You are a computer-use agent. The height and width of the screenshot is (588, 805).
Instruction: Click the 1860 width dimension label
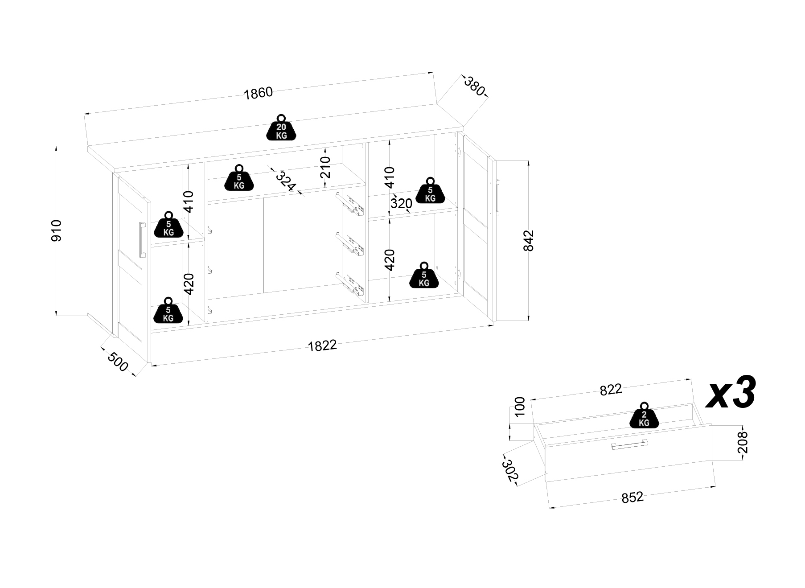coord(258,93)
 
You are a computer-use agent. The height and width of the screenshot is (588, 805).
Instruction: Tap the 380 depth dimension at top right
coord(474,86)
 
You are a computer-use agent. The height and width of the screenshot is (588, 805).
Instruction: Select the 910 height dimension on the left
coord(57,230)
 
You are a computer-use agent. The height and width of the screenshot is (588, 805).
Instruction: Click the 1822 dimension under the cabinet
coord(322,345)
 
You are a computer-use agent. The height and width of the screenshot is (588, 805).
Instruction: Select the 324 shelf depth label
coord(285,181)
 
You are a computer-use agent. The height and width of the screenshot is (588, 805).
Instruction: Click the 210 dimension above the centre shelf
coord(326,167)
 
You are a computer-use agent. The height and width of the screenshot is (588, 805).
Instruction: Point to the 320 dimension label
coord(401,203)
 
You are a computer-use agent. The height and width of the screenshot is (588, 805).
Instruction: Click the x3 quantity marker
coord(731,392)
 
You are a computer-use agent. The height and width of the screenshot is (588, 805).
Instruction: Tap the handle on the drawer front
coord(629,445)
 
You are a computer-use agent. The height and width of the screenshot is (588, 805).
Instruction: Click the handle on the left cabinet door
coord(142,239)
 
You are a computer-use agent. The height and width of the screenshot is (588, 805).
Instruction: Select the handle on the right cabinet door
coord(498,197)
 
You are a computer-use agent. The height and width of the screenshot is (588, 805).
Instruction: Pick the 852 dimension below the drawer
coord(632,497)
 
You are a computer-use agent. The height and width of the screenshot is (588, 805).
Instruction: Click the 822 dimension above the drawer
coord(610,390)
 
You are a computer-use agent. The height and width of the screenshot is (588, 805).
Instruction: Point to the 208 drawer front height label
coord(742,442)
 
